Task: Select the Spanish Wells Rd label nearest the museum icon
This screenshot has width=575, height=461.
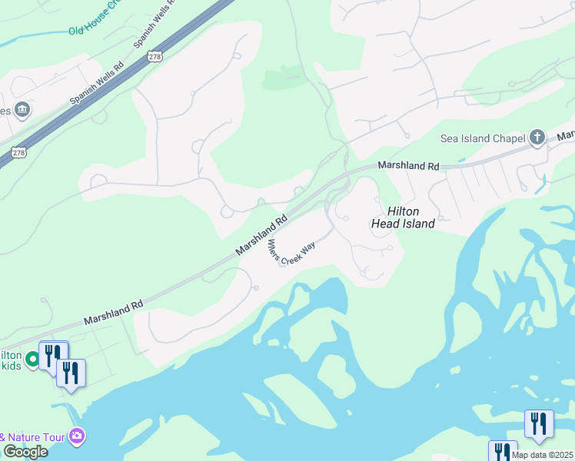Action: tap(97, 84)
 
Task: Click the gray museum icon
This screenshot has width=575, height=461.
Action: tap(22, 110)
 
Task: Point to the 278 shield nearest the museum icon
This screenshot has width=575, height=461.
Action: tap(19, 153)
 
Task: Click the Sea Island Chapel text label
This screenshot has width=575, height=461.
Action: tap(481, 138)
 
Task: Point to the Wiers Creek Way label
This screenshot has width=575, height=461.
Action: tap(291, 252)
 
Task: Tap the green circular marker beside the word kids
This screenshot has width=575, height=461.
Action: tap(32, 359)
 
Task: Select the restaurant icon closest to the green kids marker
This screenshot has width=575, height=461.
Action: tap(53, 356)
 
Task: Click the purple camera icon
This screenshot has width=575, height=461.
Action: tap(76, 436)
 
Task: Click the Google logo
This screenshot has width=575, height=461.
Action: tap(25, 452)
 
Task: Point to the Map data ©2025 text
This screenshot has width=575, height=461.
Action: tap(542, 455)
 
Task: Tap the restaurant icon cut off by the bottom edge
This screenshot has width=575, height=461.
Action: tap(503, 451)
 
